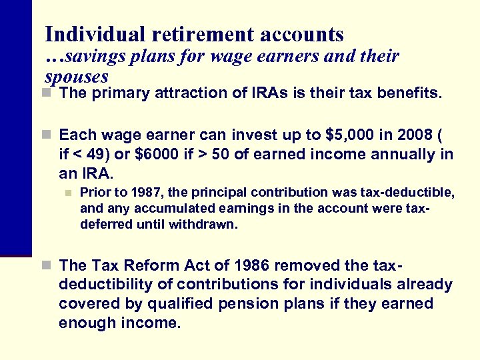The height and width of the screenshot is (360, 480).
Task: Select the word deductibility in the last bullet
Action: tap(109, 285)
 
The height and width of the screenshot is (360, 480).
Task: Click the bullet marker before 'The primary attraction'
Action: tap(49, 93)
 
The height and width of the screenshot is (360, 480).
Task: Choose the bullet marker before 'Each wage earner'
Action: tap(49, 135)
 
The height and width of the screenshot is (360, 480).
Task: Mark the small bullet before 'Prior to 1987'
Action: tap(67, 193)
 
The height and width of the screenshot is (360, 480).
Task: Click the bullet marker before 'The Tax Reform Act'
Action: tap(49, 265)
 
